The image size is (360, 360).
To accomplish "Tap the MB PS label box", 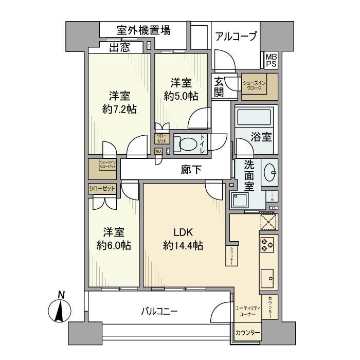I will (x=271, y=61).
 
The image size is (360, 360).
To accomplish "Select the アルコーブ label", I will (x=236, y=37).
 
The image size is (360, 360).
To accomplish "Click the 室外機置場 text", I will (x=136, y=30).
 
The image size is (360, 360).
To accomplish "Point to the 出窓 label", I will (x=119, y=48).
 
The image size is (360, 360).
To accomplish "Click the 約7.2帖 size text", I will (x=119, y=109).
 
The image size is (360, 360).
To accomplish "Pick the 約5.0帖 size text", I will (x=181, y=96).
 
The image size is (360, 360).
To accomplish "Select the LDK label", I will (x=183, y=232).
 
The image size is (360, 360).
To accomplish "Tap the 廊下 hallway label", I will (x=191, y=169).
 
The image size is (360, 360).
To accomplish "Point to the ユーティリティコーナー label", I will (x=248, y=311).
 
